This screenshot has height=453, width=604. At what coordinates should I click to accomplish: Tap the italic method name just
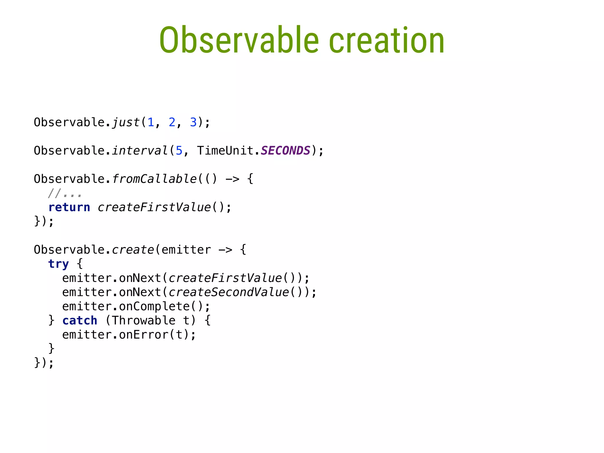[x=126, y=122]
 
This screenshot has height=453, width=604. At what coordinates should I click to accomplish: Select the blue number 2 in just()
[x=172, y=122]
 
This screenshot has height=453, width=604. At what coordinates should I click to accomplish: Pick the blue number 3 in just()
[x=193, y=122]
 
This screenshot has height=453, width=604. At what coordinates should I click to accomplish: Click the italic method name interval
[x=140, y=151]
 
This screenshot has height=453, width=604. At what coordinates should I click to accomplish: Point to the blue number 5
[x=179, y=151]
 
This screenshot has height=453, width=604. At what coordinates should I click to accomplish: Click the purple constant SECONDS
[x=285, y=151]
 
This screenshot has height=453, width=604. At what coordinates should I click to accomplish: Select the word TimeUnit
[x=225, y=151]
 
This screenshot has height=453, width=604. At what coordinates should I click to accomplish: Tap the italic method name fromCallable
[x=154, y=179]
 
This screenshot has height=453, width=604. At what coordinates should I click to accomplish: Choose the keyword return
[x=69, y=207]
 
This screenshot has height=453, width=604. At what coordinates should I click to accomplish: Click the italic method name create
[x=133, y=250]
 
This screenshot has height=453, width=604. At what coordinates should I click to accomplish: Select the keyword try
[x=58, y=264]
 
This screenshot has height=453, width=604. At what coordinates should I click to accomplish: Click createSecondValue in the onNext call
[x=229, y=292]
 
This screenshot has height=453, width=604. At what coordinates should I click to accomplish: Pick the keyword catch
[x=80, y=321]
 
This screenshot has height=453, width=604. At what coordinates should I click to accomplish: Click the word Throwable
[x=144, y=321]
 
